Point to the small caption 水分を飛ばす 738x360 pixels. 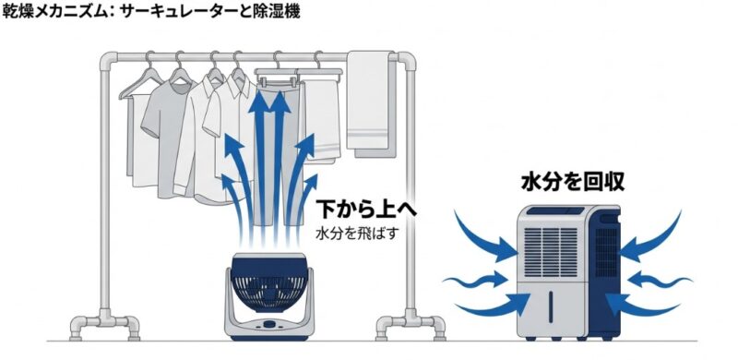356,232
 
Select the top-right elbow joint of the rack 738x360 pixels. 405,64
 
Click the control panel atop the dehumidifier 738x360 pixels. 554,212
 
